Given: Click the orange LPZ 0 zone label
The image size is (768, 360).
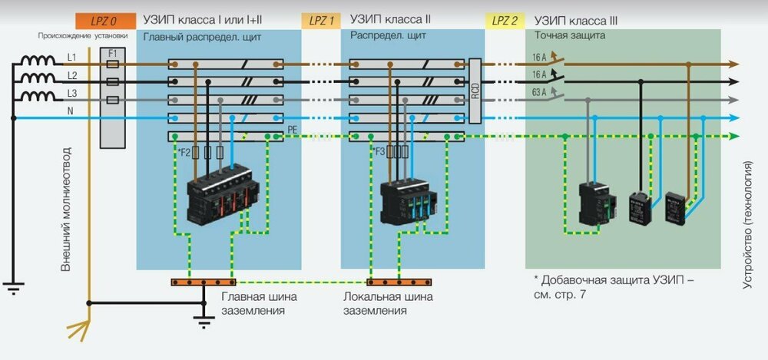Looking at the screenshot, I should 103,21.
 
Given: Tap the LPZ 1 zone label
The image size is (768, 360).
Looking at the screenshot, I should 322,21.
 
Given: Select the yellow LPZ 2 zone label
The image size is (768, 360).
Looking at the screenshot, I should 504,21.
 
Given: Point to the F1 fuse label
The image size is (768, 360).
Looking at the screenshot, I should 113,54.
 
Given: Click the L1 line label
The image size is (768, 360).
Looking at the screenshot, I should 71,58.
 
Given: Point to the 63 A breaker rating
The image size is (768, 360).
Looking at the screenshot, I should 541,94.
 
